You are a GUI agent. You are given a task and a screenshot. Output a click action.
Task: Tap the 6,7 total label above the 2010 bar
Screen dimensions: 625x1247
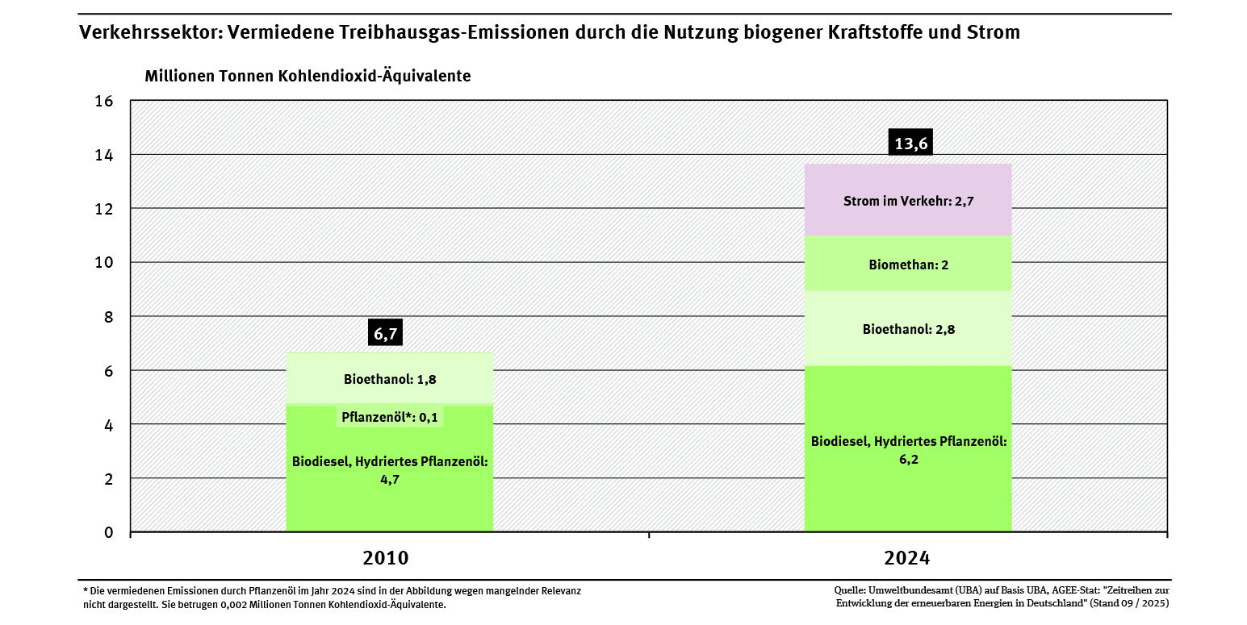pyautogui.click(x=385, y=333)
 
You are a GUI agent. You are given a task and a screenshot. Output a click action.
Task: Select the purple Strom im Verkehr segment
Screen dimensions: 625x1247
pyautogui.click(x=908, y=201)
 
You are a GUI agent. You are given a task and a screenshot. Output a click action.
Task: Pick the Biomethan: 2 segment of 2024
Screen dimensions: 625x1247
pyautogui.click(x=908, y=264)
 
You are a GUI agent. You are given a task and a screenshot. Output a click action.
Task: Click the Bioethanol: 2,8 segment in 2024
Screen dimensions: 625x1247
pyautogui.click(x=908, y=329)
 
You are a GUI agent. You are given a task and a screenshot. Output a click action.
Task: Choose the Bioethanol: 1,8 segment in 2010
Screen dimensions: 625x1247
pyautogui.click(x=390, y=378)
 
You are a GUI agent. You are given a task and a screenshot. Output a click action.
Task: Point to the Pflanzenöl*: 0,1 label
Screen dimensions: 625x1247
pyautogui.click(x=390, y=417)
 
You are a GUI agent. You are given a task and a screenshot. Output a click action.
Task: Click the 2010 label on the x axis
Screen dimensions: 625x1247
pyautogui.click(x=386, y=558)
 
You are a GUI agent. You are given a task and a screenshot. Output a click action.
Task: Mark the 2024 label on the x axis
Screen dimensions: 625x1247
pyautogui.click(x=907, y=558)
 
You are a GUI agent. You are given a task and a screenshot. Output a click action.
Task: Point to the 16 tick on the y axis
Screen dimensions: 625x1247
pyautogui.click(x=104, y=102)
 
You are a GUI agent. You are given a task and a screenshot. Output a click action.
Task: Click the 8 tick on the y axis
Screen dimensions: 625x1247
pyautogui.click(x=108, y=317)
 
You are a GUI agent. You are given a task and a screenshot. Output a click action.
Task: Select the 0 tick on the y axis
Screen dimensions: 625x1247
pyautogui.click(x=108, y=532)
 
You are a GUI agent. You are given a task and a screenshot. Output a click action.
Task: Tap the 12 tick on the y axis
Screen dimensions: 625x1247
pyautogui.click(x=104, y=209)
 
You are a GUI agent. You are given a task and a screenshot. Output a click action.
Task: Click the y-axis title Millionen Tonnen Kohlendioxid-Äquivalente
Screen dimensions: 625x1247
pyautogui.click(x=308, y=77)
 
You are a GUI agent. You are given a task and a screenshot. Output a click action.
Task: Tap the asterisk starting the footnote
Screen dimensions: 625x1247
pyautogui.click(x=85, y=591)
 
